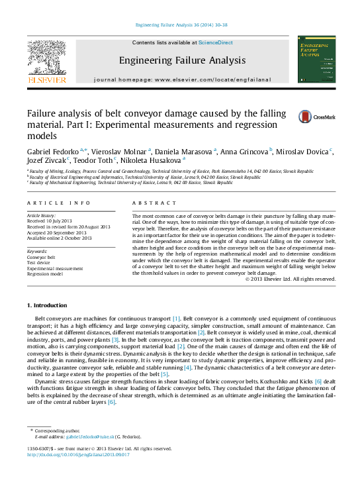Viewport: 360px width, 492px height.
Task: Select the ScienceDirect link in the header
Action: click(216, 42)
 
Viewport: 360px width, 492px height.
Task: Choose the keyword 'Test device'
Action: click(40, 262)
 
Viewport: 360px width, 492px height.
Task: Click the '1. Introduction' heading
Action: click(46, 305)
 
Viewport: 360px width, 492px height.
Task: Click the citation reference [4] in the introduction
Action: click(188, 366)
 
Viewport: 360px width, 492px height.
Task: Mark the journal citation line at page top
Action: click(181, 25)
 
